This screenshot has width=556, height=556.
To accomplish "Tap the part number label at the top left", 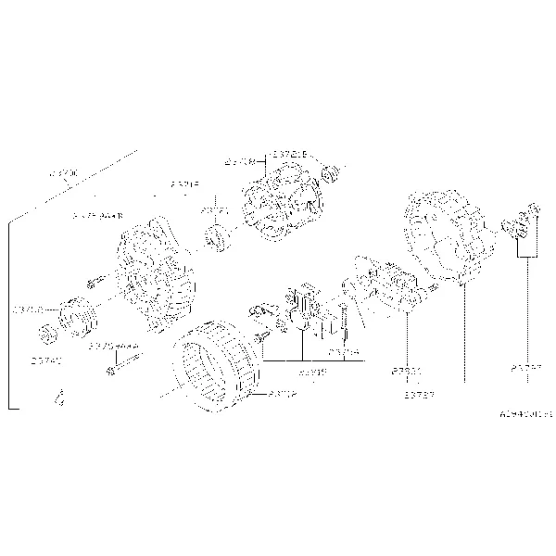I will point(64,173).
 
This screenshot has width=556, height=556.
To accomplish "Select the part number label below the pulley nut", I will point(45,359).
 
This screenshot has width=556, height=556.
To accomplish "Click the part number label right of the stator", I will point(282,393).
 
